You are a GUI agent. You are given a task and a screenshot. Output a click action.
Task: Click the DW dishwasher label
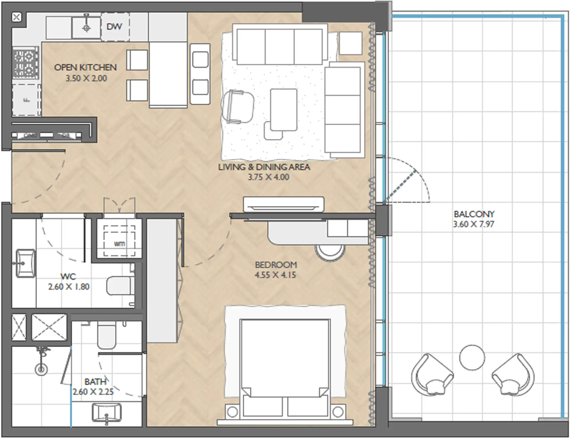pyautogui.click(x=114, y=27)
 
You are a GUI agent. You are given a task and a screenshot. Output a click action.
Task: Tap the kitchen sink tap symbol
pyautogui.click(x=86, y=28)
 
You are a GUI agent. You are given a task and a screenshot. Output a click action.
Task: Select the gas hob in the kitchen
pyautogui.click(x=26, y=64)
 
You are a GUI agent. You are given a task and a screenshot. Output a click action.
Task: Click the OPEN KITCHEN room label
pyautogui.click(x=85, y=68)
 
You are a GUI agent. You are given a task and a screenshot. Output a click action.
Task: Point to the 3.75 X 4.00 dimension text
pyautogui.click(x=268, y=177)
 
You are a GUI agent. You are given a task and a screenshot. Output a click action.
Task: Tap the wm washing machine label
pyautogui.click(x=119, y=244)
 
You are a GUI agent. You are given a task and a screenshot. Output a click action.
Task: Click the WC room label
pyautogui.click(x=68, y=277)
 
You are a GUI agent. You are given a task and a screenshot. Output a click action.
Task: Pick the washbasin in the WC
pyautogui.click(x=25, y=263)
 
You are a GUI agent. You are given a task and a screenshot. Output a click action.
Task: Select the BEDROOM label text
pyautogui.click(x=276, y=265)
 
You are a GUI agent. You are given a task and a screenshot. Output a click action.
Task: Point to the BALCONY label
pyautogui.click(x=474, y=214)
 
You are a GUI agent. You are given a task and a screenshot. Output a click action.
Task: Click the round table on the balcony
pyautogui.click(x=472, y=358)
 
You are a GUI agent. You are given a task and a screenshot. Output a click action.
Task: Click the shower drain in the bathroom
pyautogui.click(x=41, y=370)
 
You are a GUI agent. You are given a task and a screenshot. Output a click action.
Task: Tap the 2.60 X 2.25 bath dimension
pyautogui.click(x=93, y=392)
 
